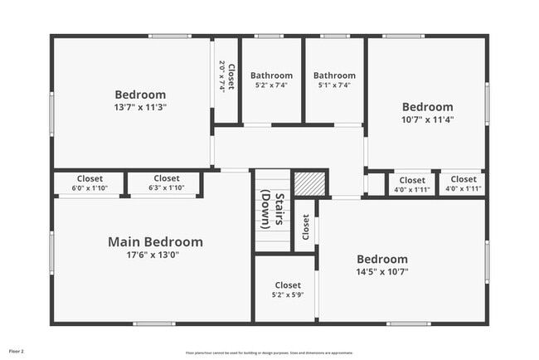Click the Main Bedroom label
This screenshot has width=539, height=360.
155,242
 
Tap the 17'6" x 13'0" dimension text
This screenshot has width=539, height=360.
155,255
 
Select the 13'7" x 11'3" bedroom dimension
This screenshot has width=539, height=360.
140,107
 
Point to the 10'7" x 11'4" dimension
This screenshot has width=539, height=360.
427,119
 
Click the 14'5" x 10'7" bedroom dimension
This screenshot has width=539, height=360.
381,271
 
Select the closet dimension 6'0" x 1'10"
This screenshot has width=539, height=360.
90,189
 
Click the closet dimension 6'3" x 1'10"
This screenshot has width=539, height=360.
166,189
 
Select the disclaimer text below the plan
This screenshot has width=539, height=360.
269,352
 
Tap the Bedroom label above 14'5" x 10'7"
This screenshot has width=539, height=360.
381,259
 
